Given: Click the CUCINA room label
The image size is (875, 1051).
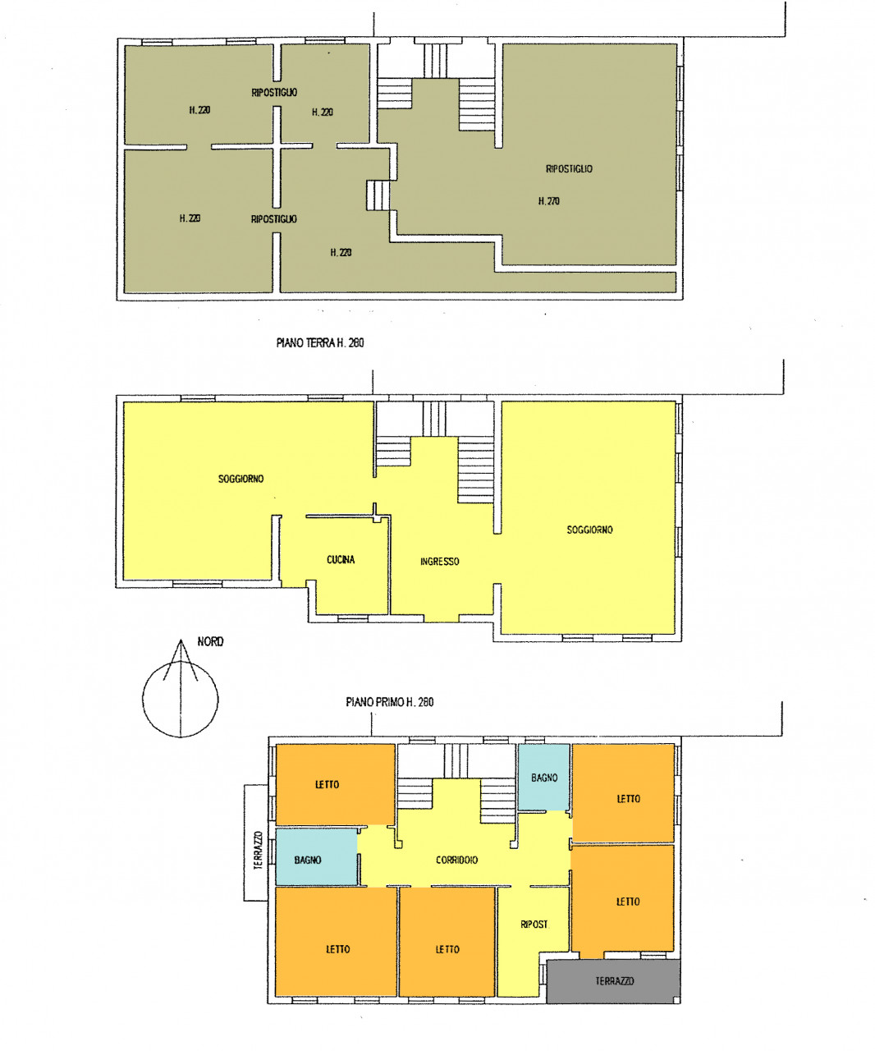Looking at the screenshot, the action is click(x=341, y=559).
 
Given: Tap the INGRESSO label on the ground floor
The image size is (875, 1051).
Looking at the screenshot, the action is click(x=439, y=562).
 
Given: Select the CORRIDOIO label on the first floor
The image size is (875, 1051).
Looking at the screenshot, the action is click(x=456, y=860).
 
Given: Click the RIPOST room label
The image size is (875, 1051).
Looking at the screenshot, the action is click(x=534, y=925).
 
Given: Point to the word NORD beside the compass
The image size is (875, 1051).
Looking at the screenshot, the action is click(x=210, y=641).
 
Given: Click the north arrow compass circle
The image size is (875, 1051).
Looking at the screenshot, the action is click(x=180, y=699).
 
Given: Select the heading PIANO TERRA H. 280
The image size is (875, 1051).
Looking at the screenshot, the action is click(x=320, y=342).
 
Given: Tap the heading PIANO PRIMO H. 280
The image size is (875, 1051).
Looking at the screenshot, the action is click(x=389, y=702).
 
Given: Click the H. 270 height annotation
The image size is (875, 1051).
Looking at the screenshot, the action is click(x=548, y=201).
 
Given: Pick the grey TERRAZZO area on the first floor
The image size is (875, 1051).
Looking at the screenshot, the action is click(x=613, y=981).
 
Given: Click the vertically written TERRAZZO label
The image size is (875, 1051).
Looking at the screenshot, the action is click(x=258, y=850).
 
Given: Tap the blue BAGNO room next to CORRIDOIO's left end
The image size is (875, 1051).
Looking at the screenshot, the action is click(x=317, y=856).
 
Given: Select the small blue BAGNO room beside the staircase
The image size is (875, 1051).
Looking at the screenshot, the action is click(x=544, y=778).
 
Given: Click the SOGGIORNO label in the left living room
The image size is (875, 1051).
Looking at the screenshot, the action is click(x=241, y=479).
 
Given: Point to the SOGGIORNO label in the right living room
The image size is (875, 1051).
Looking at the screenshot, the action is click(x=589, y=530).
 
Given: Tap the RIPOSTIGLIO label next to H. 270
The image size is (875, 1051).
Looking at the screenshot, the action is click(x=569, y=168).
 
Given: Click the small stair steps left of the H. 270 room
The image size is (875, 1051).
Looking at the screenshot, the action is click(x=378, y=195).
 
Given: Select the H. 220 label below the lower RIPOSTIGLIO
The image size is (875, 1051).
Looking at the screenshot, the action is click(x=341, y=252).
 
